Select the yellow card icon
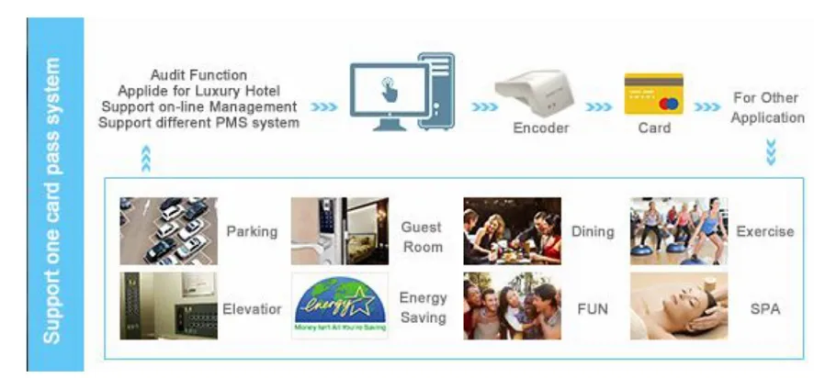[653, 94]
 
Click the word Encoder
[540, 128]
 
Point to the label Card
[653, 128]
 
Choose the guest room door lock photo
[339, 231]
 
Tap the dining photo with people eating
[512, 231]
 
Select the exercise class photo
[678, 231]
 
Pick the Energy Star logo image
[339, 306]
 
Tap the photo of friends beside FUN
[512, 306]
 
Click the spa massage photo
[678, 306]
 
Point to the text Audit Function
[199, 74]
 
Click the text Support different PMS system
[198, 123]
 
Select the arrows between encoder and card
[598, 107]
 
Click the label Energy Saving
[423, 307]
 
